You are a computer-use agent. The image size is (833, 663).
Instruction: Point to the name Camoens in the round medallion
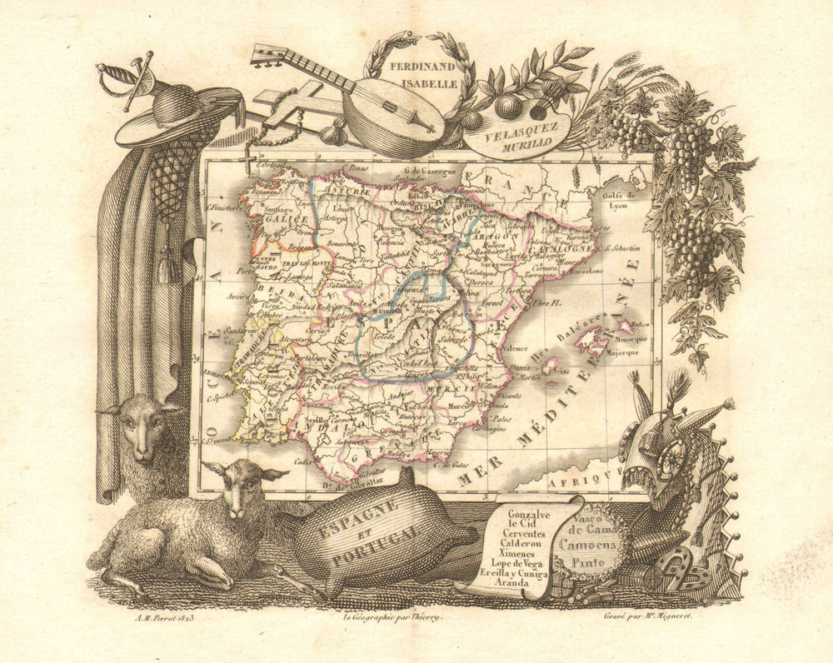pyautogui.click(x=592, y=544)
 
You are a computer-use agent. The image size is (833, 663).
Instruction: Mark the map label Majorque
pyautogui.click(x=632, y=352)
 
